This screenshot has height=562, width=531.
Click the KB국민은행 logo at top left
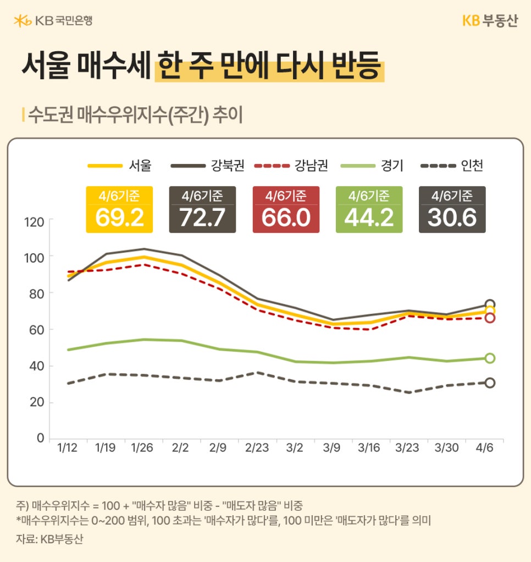53,21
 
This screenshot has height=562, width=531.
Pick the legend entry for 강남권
291,165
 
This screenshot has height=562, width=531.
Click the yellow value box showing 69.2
119,210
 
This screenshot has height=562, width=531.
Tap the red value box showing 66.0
286,210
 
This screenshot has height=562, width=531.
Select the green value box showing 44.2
369,210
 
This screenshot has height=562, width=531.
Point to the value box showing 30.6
452,210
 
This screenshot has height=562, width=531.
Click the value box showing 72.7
202,210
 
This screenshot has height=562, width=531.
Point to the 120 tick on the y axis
34,222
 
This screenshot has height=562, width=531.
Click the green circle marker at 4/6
490,358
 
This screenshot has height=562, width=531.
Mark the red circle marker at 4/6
490,318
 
